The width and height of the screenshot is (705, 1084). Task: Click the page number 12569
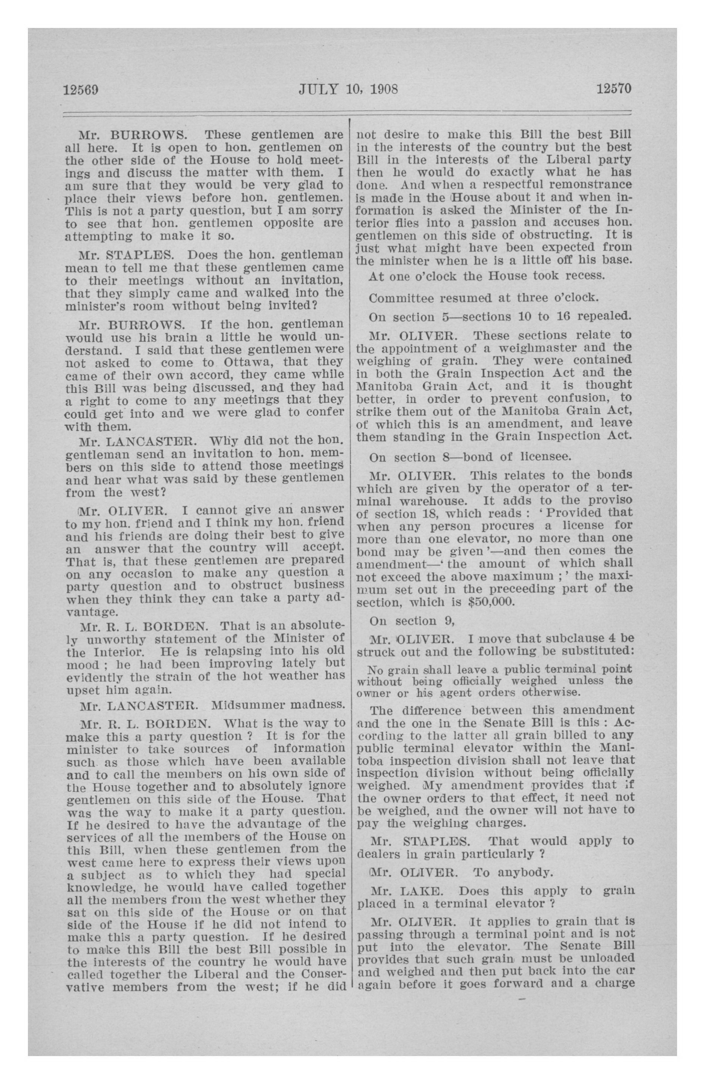(82, 89)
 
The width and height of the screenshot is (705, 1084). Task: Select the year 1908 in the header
(383, 89)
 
